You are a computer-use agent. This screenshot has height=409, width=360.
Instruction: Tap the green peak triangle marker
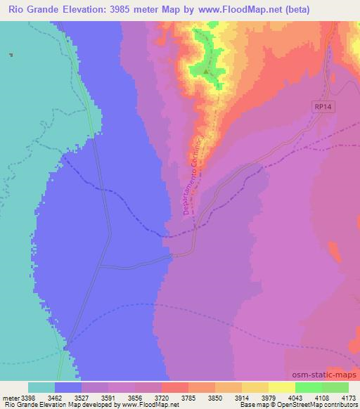coord(205,70)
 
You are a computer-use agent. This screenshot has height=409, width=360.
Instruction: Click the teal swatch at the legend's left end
coord(41,387)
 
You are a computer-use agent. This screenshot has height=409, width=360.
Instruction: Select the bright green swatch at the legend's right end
coord(335,387)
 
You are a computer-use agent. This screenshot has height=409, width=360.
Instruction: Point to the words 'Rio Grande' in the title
coord(32,9)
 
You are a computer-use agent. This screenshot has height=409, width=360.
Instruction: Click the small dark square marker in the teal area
coord(11,54)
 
